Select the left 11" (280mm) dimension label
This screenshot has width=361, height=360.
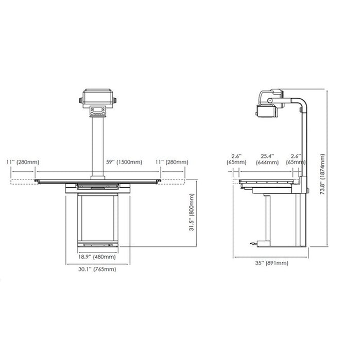tap(23, 163)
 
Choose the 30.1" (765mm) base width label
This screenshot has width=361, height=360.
tap(96, 269)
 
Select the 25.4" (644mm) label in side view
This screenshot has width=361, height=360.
tap(267, 158)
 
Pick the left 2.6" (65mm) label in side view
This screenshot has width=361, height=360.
tap(236, 158)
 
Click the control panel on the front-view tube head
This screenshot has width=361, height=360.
tap(97, 111)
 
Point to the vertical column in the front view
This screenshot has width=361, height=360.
tap(97, 147)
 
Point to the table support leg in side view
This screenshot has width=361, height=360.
tap(268, 219)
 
